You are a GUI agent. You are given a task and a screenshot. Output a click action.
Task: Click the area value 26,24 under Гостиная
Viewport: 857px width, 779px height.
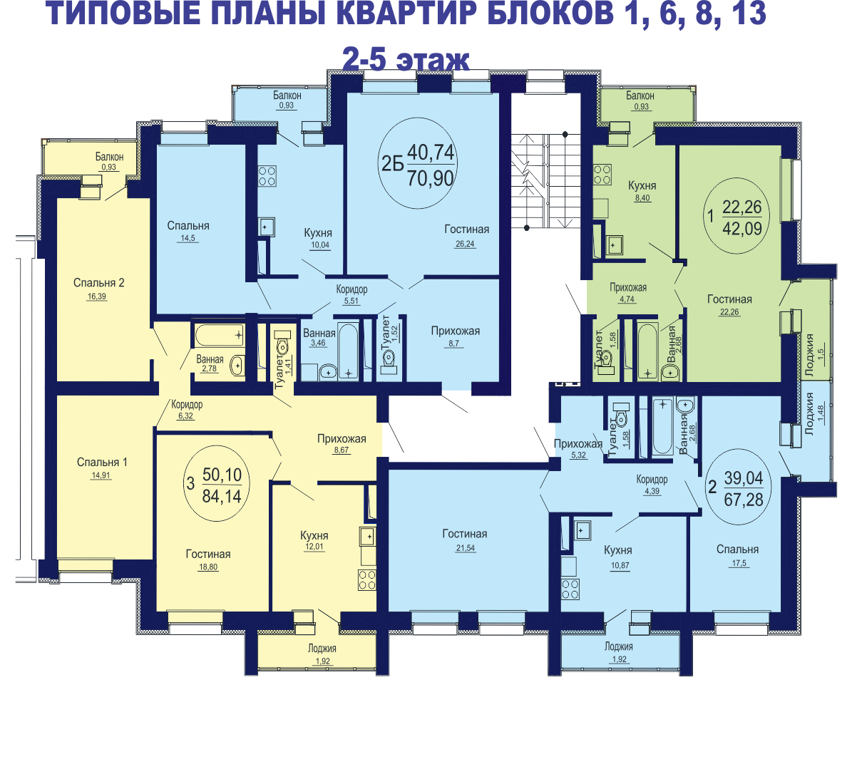[x=465, y=244]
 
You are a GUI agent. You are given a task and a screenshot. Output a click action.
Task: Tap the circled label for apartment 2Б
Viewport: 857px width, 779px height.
[x=418, y=164]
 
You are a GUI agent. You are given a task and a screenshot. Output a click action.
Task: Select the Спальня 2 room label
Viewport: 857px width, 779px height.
[x=98, y=283]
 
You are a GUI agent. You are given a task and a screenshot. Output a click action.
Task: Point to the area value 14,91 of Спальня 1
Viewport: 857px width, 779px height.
[x=101, y=475]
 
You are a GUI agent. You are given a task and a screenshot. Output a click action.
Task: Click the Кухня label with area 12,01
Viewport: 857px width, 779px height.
[x=314, y=535]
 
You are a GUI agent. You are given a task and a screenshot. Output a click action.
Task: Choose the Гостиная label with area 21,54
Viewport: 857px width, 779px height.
[x=465, y=534]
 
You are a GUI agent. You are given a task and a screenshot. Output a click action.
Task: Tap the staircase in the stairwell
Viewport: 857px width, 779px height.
[x=545, y=180]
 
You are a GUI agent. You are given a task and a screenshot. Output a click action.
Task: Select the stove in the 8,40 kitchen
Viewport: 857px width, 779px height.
[x=602, y=175]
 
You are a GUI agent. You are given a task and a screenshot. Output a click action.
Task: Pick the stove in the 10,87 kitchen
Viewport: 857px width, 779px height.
[x=570, y=589]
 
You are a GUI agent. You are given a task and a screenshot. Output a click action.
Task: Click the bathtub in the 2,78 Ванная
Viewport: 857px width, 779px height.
[x=220, y=335]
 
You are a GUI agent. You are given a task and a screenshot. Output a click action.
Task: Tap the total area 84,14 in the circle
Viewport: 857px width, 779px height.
[x=222, y=497]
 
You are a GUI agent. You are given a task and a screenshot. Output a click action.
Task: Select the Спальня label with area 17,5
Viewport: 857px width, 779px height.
[x=738, y=550]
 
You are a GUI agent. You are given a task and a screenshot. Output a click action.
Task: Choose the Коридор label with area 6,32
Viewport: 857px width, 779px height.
[x=187, y=404]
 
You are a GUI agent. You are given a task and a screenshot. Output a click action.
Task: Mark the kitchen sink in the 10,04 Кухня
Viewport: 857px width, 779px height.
[x=267, y=227]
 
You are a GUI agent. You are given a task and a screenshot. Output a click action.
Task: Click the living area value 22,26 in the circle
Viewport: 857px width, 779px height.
[x=742, y=207]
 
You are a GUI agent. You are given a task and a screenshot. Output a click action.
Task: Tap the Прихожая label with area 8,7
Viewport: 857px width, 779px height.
[x=455, y=331]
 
